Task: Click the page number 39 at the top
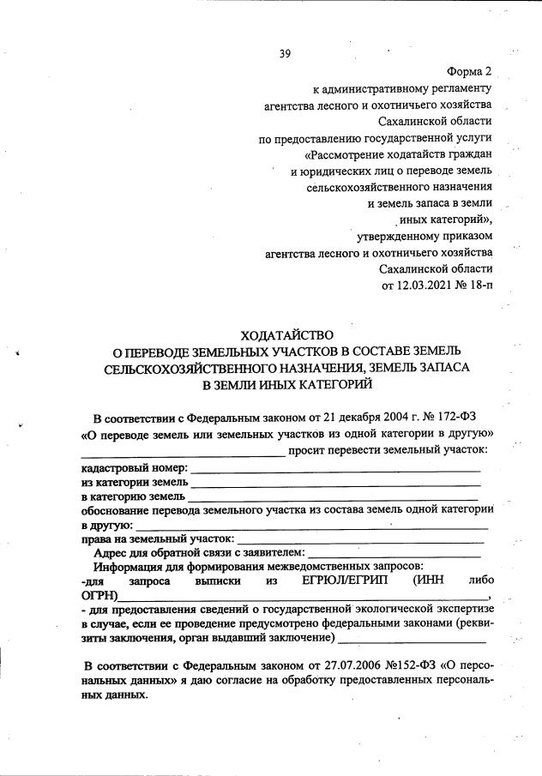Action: point(286,54)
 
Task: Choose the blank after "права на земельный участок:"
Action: point(360,541)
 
